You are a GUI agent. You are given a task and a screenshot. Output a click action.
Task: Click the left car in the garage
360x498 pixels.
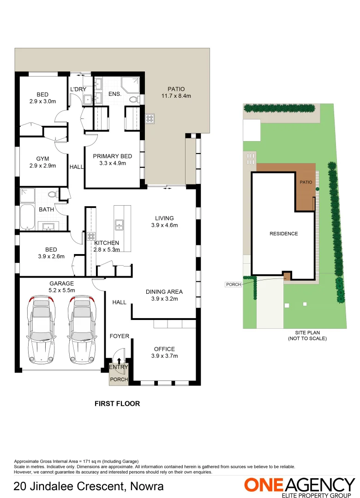(x=41, y=329)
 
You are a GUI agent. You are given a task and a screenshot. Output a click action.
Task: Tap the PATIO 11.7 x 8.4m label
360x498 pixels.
(x=176, y=93)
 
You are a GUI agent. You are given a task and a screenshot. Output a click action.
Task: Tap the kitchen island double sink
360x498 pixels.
(x=119, y=225)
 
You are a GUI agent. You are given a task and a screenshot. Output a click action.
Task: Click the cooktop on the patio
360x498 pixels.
(x=150, y=119)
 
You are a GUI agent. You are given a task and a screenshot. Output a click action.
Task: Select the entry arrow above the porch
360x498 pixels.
(x=119, y=362)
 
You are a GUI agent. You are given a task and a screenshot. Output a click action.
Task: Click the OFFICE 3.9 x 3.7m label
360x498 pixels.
(x=164, y=352)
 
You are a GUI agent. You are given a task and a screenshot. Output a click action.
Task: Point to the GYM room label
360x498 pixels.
(x=42, y=162)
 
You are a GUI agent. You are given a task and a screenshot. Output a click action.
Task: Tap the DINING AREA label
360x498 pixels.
(x=164, y=295)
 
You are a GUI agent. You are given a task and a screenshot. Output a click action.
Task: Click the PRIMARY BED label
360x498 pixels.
(x=112, y=160)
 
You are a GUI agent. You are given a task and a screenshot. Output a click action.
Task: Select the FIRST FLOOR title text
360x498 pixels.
(x=117, y=403)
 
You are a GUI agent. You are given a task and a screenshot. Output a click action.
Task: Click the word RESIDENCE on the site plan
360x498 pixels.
(x=283, y=234)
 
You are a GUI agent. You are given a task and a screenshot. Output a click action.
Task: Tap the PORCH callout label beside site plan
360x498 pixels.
(x=234, y=285)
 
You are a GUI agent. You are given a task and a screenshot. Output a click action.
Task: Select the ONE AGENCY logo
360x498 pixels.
(x=299, y=486)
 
